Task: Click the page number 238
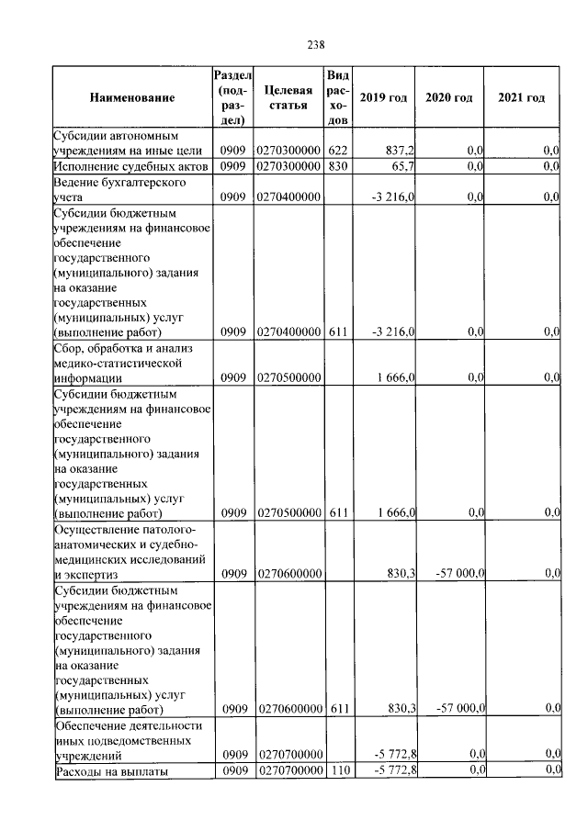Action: (x=316, y=42)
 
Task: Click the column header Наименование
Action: (x=132, y=97)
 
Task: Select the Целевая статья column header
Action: (x=288, y=97)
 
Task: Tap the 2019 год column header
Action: (x=383, y=98)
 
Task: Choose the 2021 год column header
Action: (x=521, y=98)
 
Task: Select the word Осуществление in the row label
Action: (x=96, y=530)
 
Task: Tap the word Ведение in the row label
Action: (x=78, y=183)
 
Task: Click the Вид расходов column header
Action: (x=337, y=97)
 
